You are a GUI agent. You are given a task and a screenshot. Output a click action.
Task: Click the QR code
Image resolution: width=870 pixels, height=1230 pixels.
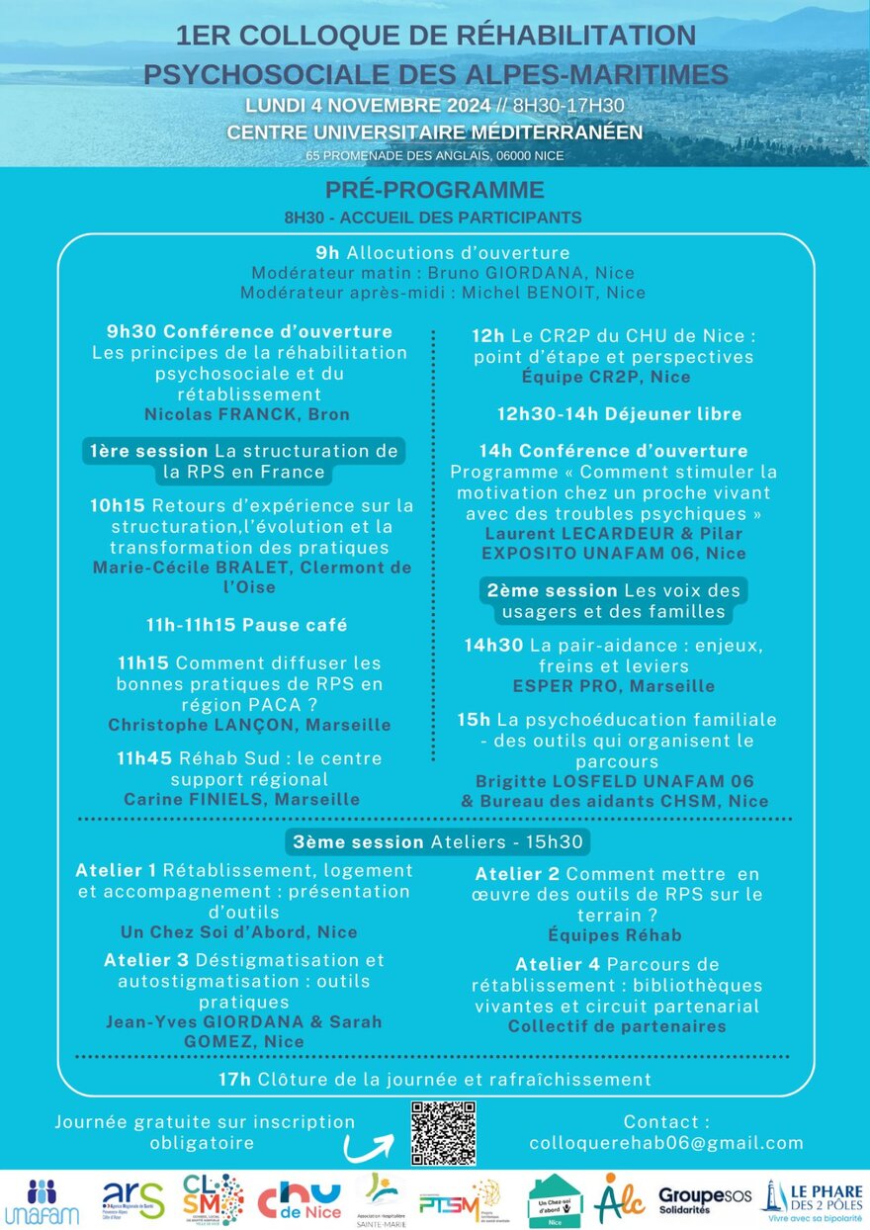pyautogui.click(x=443, y=1132)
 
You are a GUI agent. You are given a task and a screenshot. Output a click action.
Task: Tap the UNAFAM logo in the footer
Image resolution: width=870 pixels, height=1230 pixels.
pyautogui.click(x=42, y=1200)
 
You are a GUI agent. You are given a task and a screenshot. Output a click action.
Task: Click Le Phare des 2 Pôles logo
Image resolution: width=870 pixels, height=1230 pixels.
pyautogui.click(x=814, y=1199)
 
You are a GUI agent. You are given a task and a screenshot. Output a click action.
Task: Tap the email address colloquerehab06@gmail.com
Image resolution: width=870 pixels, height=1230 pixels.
pyautogui.click(x=666, y=1143)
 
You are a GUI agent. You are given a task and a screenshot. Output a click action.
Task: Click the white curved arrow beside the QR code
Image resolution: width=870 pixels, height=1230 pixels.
pyautogui.click(x=369, y=1147)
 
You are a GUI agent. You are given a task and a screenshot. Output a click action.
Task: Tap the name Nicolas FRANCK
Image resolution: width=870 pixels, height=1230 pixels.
pyautogui.click(x=246, y=414)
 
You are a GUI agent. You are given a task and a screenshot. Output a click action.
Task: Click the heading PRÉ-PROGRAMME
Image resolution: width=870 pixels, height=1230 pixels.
pyautogui.click(x=434, y=191)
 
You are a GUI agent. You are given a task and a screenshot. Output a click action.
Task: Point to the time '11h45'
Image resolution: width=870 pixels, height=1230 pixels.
pyautogui.click(x=143, y=758)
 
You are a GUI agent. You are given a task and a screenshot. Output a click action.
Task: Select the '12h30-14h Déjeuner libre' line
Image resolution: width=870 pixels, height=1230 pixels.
pyautogui.click(x=619, y=413)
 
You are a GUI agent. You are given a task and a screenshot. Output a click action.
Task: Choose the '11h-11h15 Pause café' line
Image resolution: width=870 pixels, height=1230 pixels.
pyautogui.click(x=246, y=625)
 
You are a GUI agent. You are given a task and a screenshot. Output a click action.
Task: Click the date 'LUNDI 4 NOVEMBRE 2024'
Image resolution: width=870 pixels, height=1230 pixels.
pyautogui.click(x=372, y=106)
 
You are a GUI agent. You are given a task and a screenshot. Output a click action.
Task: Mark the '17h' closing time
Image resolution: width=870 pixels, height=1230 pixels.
pyautogui.click(x=234, y=1079)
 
